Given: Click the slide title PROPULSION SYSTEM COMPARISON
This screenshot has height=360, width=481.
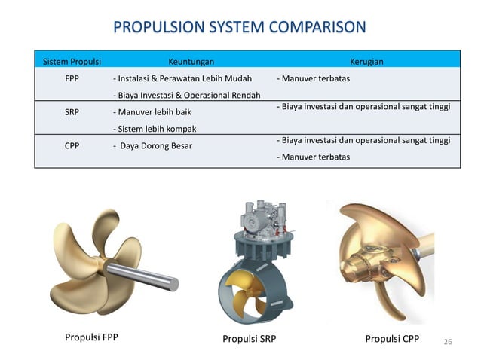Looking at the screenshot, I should (x=240, y=28).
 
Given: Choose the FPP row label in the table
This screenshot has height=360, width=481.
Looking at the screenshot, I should (x=72, y=78).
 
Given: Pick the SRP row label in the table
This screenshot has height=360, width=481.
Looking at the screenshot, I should (x=72, y=111).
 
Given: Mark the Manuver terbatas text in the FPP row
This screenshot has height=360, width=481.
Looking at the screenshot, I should (x=313, y=78).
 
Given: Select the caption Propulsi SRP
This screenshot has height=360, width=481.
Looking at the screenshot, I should (x=249, y=339).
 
